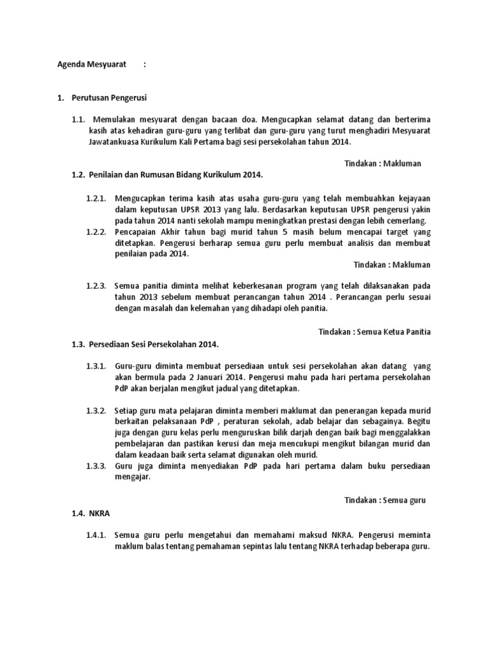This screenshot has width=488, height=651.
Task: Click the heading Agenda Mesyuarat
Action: pyautogui.click(x=92, y=64)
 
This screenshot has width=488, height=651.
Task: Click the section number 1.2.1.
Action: pyautogui.click(x=97, y=198)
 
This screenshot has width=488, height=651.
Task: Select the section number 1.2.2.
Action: pyautogui.click(x=97, y=231)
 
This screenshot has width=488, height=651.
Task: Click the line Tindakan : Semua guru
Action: pyautogui.click(x=385, y=500)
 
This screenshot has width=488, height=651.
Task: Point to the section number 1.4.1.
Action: pyautogui.click(x=97, y=535)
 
